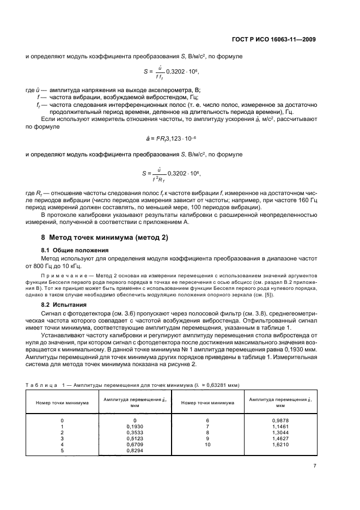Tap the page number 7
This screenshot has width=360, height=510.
pyautogui.click(x=314, y=481)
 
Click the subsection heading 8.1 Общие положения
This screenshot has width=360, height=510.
pyautogui.click(x=71, y=250)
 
